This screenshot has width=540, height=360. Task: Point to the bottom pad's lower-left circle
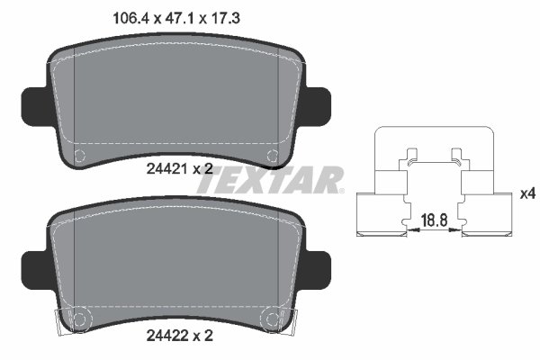pos(78,319)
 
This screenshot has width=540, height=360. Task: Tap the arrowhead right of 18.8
pos(458,231)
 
